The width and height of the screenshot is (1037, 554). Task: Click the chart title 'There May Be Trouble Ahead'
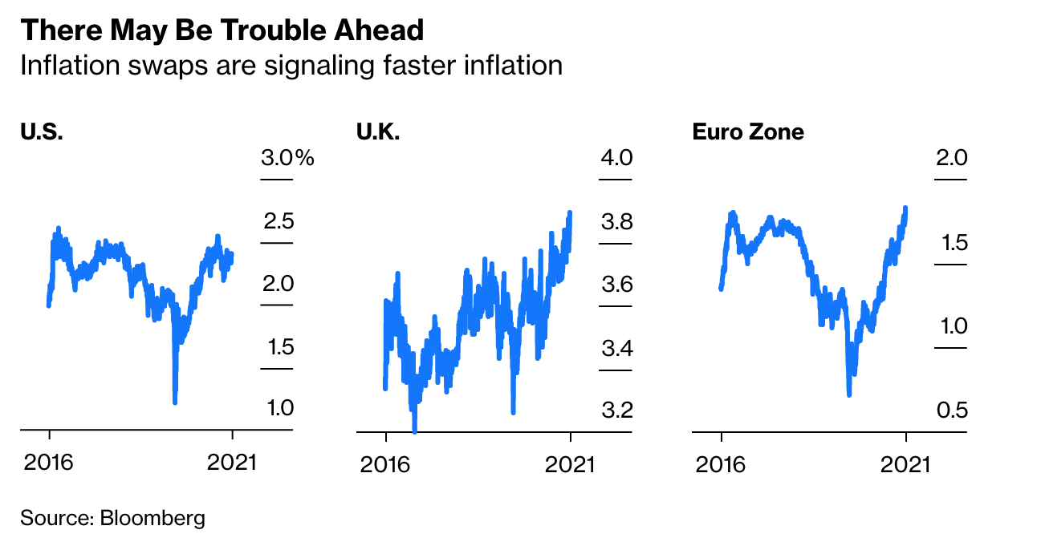222,30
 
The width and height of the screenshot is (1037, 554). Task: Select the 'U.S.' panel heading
42,131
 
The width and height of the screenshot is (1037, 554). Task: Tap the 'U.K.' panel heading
378,131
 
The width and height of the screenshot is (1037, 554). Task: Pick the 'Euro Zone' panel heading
748,131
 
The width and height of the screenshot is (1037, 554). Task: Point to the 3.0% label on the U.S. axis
287,158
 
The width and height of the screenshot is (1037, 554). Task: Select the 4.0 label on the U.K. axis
616,158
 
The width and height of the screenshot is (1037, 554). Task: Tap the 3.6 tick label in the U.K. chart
616,285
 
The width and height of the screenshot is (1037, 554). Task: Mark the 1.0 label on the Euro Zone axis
952,326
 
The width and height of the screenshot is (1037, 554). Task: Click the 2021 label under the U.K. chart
570,463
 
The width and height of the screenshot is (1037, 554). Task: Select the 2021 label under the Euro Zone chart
905,463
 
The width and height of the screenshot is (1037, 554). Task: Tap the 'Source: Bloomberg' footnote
112,518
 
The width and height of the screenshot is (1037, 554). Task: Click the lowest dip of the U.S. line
175,401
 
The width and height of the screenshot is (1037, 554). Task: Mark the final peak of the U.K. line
570,213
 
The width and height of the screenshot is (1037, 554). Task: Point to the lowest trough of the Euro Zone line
849,394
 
